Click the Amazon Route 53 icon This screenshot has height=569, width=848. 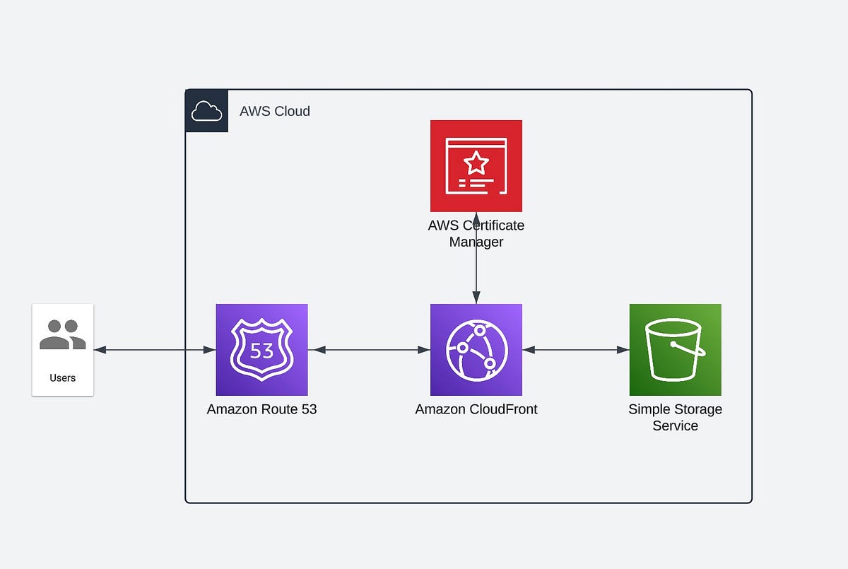click(x=261, y=349)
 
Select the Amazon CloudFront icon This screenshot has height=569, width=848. click(x=476, y=349)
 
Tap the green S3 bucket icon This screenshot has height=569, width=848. click(x=675, y=349)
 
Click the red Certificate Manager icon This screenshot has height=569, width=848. click(x=476, y=165)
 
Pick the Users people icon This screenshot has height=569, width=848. click(x=62, y=335)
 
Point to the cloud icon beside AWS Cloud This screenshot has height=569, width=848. click(x=206, y=111)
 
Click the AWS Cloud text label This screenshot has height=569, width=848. click(x=274, y=111)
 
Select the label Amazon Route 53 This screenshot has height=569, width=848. click(x=261, y=409)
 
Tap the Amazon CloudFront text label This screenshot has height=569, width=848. click(x=476, y=409)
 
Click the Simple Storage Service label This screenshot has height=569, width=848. click(x=675, y=417)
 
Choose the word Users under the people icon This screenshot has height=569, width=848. click(x=62, y=378)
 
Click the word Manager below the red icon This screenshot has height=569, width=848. click(x=476, y=242)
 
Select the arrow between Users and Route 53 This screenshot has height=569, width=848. click(x=154, y=349)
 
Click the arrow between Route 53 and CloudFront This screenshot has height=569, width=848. click(x=368, y=349)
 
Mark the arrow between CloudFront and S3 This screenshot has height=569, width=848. click(x=575, y=349)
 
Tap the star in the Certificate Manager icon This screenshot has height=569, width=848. click(x=476, y=163)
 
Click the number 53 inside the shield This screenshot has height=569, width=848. click(x=261, y=350)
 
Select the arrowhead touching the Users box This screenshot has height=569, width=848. click(x=99, y=349)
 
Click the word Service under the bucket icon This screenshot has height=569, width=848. click(x=675, y=426)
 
